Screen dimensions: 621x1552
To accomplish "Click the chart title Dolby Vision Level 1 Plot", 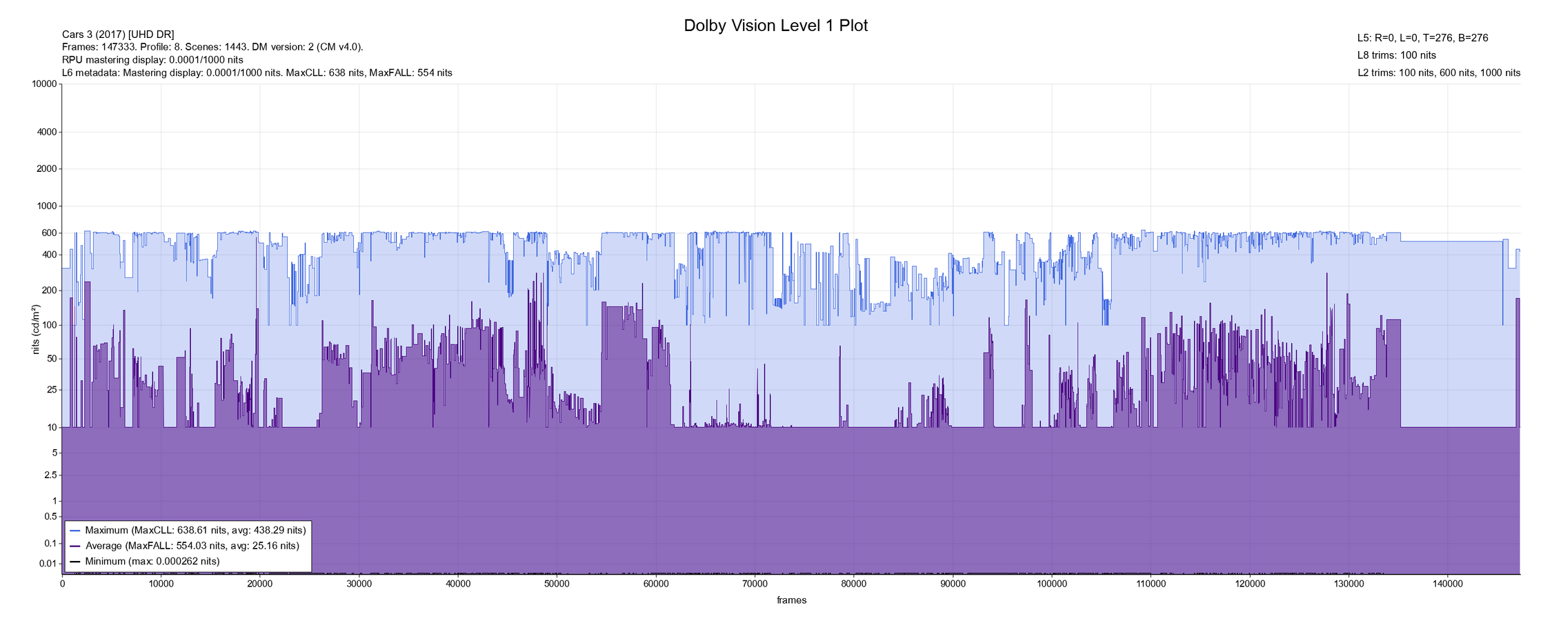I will click(775, 26).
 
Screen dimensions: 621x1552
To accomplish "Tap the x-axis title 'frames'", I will click(791, 600).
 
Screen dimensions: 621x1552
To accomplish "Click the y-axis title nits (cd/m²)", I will click(36, 329).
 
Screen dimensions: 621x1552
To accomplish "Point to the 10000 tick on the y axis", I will click(45, 84).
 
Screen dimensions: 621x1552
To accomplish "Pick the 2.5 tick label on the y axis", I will click(50, 475).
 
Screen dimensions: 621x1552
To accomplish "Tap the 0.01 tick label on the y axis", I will click(48, 564).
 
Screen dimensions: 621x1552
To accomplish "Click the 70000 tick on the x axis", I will click(755, 584).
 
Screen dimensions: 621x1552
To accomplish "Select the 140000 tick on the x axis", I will click(1447, 584).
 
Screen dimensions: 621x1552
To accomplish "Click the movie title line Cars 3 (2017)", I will click(118, 34).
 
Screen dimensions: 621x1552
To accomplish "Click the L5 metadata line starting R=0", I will click(1422, 38).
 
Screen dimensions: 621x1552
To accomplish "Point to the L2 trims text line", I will click(1438, 72).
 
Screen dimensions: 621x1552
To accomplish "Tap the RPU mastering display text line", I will click(152, 60).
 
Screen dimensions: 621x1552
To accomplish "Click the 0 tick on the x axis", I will click(62, 584).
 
